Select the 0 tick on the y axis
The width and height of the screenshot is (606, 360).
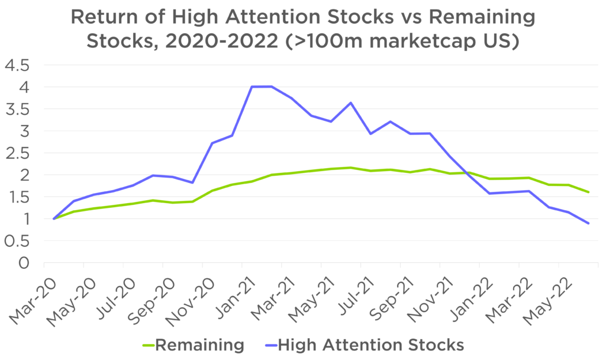pos(24,263)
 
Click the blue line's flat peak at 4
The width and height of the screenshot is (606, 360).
pos(262,86)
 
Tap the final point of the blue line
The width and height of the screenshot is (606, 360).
pos(588,223)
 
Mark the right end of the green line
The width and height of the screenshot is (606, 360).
pos(588,192)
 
